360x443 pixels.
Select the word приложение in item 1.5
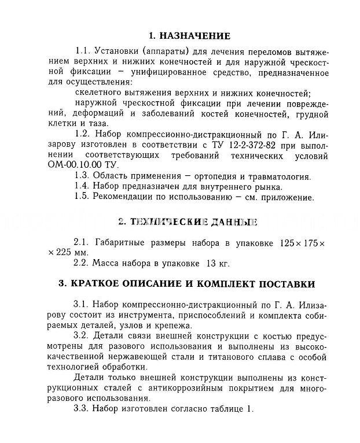tap(285, 197)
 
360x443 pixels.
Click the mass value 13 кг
tap(218, 263)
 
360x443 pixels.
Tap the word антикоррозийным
tap(177, 388)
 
